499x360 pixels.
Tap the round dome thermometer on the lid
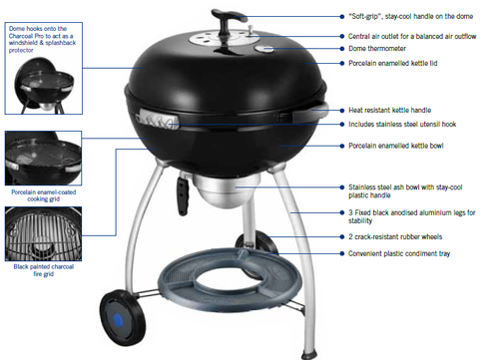[264, 49]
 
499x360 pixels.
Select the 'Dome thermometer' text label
[377, 49]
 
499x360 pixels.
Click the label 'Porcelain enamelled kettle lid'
[392, 63]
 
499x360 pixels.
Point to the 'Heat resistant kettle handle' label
[389, 110]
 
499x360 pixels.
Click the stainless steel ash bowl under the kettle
[226, 190]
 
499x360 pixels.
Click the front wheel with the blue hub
[123, 317]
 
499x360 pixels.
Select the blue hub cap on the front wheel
[119, 320]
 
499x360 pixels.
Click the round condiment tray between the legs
[231, 279]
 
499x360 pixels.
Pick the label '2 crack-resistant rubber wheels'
[395, 236]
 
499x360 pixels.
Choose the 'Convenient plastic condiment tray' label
[399, 253]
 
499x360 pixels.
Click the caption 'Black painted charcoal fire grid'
[44, 270]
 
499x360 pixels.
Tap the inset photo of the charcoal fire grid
[43, 233]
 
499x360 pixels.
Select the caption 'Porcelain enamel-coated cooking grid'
[44, 195]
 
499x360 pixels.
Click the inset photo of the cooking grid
[43, 158]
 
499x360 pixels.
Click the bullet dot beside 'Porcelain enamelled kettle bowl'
[342, 146]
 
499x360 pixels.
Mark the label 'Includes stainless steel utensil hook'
[402, 125]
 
